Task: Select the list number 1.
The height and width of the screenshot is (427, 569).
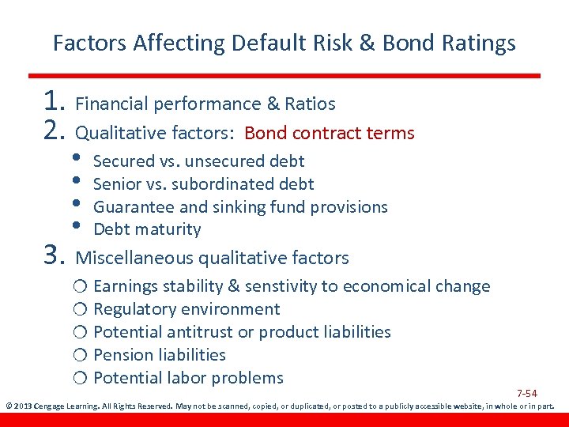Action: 55,102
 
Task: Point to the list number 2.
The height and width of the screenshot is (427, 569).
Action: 55,131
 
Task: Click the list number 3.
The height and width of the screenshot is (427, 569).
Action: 55,256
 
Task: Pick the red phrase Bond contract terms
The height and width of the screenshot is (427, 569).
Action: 330,133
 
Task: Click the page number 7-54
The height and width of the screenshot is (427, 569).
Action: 527,394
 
